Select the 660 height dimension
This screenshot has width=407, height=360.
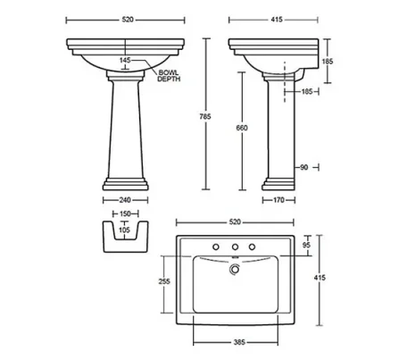pos(241,128)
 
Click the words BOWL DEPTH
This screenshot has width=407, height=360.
pos(169,75)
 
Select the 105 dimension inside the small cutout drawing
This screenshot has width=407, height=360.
pos(124,229)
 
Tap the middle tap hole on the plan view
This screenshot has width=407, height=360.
pos(235,247)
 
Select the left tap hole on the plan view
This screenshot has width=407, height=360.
pos(215,247)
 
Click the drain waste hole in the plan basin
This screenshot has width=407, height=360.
pos(235,266)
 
